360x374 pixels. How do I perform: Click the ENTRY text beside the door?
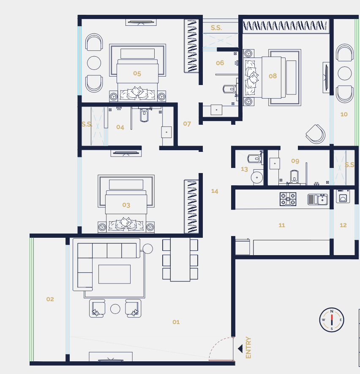pyautogui.click(x=248, y=348)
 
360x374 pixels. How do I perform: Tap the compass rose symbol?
pyautogui.click(x=332, y=320)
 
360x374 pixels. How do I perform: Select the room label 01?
pyautogui.click(x=176, y=322)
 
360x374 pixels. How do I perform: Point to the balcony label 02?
pyautogui.click(x=50, y=299)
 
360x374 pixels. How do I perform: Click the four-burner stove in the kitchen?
pyautogui.click(x=288, y=199)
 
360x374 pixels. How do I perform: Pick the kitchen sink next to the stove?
pyautogui.click(x=317, y=199)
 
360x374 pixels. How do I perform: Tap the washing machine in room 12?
pyautogui.click(x=343, y=197)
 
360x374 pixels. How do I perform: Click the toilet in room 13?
pyautogui.click(x=254, y=159)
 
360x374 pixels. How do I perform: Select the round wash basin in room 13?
pyautogui.click(x=257, y=176)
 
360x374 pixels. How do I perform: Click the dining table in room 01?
pyautogui.click(x=180, y=259)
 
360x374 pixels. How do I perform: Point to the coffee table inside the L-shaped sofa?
pyautogui.click(x=115, y=274)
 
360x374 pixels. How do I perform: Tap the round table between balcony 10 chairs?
pyautogui.click(x=345, y=73)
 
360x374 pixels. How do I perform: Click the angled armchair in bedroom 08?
pyautogui.click(x=316, y=134)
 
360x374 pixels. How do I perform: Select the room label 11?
pyautogui.click(x=282, y=225)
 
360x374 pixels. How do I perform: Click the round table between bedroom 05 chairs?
pyautogui.click(x=94, y=63)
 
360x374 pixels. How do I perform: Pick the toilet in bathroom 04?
pyautogui.click(x=144, y=115)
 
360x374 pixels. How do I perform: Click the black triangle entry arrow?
pyautogui.click(x=240, y=349)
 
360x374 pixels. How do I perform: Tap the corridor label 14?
pyautogui.click(x=215, y=191)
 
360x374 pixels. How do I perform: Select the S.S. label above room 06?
pyautogui.click(x=216, y=28)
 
